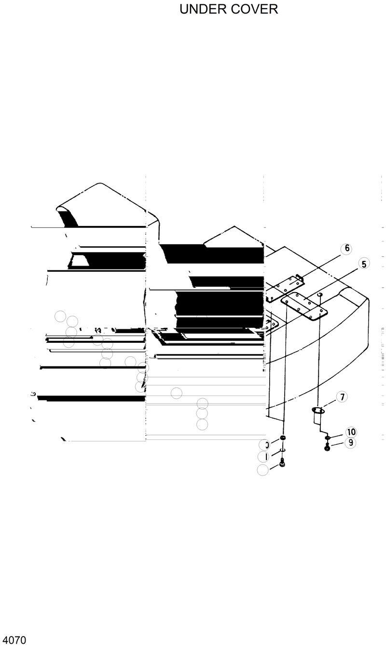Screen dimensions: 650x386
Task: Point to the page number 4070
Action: coord(14,641)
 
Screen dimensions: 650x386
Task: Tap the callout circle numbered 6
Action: coord(346,249)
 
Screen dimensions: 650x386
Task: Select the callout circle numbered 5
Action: coord(364,264)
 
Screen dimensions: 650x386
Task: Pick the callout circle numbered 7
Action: coord(342,397)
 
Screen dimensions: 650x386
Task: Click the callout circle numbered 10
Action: coord(351,432)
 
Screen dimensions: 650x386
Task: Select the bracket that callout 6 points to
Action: coord(286,289)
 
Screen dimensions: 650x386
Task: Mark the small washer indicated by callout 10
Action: coord(327,438)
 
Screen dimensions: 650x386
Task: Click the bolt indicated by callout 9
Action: coord(327,448)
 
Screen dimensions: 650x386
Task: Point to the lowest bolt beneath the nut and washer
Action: coord(282,464)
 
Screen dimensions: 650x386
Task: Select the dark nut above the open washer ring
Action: coord(283,438)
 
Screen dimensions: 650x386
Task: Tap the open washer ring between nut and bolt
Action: coord(283,451)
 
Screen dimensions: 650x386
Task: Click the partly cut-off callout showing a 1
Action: coord(264,456)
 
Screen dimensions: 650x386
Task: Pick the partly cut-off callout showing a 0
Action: coord(264,445)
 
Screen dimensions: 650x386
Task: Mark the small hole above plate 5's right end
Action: coord(319,293)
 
